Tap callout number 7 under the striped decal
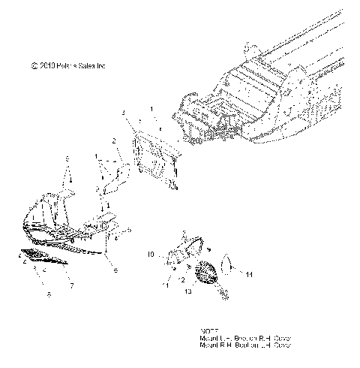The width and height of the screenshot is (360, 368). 71,286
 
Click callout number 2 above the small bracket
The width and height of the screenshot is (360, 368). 113,140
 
